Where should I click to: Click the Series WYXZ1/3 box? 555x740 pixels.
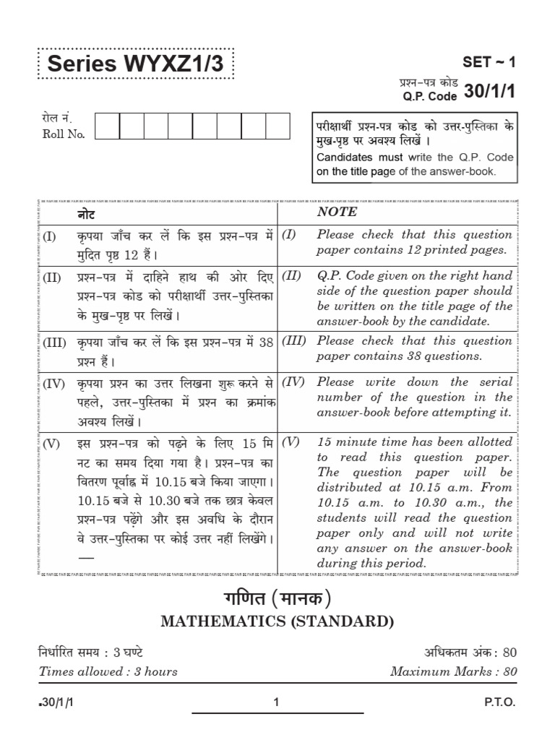click(x=135, y=65)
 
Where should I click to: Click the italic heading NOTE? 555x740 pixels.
click(x=337, y=212)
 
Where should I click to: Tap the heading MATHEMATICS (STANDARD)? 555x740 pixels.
click(x=277, y=621)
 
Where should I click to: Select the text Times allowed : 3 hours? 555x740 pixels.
click(x=108, y=671)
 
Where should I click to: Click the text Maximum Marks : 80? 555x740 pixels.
click(x=454, y=671)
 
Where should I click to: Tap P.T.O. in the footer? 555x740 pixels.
click(x=501, y=702)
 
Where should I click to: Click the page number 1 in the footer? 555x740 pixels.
click(x=277, y=702)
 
